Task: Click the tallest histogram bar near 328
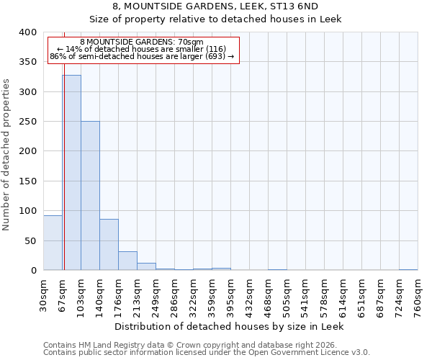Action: (71, 173)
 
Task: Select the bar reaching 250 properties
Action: (90, 196)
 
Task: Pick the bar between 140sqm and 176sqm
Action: (109, 245)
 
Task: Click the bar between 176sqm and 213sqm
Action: (127, 261)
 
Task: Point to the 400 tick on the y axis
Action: (28, 32)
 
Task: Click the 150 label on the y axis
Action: (28, 181)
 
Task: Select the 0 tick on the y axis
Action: (33, 271)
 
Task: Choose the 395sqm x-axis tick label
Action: (231, 294)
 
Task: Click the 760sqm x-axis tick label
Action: (418, 294)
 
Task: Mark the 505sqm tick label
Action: (287, 294)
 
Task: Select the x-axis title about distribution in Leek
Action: (230, 326)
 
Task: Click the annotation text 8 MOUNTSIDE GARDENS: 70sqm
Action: (142, 42)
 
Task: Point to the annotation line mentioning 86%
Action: (142, 57)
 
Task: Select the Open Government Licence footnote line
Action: (207, 353)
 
